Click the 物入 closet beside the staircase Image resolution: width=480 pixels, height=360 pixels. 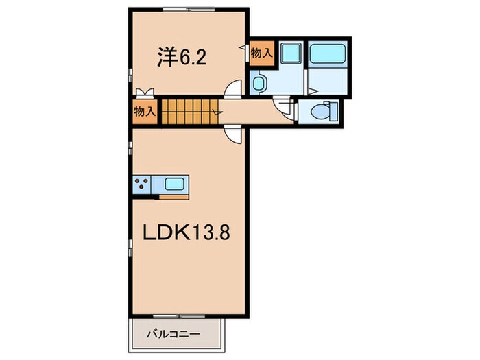pos(145,112)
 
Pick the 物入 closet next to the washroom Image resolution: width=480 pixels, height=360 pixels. pos(261,53)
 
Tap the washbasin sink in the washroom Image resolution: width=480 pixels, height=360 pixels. pos(259,84)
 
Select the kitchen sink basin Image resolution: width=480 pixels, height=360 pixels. pos(173,184)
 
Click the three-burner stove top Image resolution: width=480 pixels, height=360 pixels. pos(142,184)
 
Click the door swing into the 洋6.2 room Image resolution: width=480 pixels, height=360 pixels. pos(233,89)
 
